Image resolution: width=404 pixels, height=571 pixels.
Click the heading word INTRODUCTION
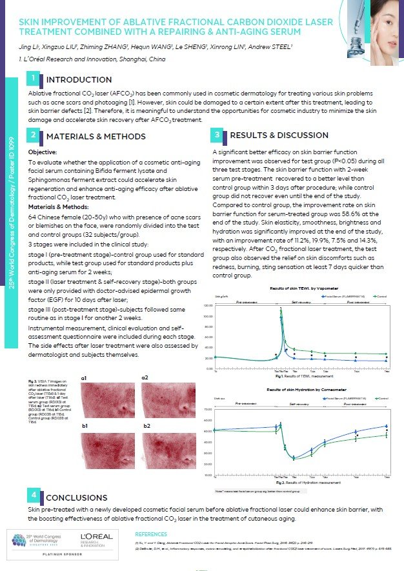(x=79, y=80)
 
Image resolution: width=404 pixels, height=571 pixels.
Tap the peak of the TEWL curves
(x=281, y=310)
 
